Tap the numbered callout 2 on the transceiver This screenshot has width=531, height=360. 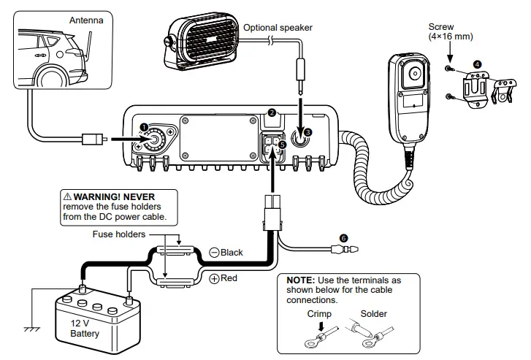[271, 113]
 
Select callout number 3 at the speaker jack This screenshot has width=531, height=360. [307, 131]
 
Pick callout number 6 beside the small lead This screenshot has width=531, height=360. [344, 237]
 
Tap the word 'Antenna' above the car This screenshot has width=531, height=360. [86, 20]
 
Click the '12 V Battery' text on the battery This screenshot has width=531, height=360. [81, 327]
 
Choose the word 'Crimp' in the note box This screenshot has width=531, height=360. [319, 314]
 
